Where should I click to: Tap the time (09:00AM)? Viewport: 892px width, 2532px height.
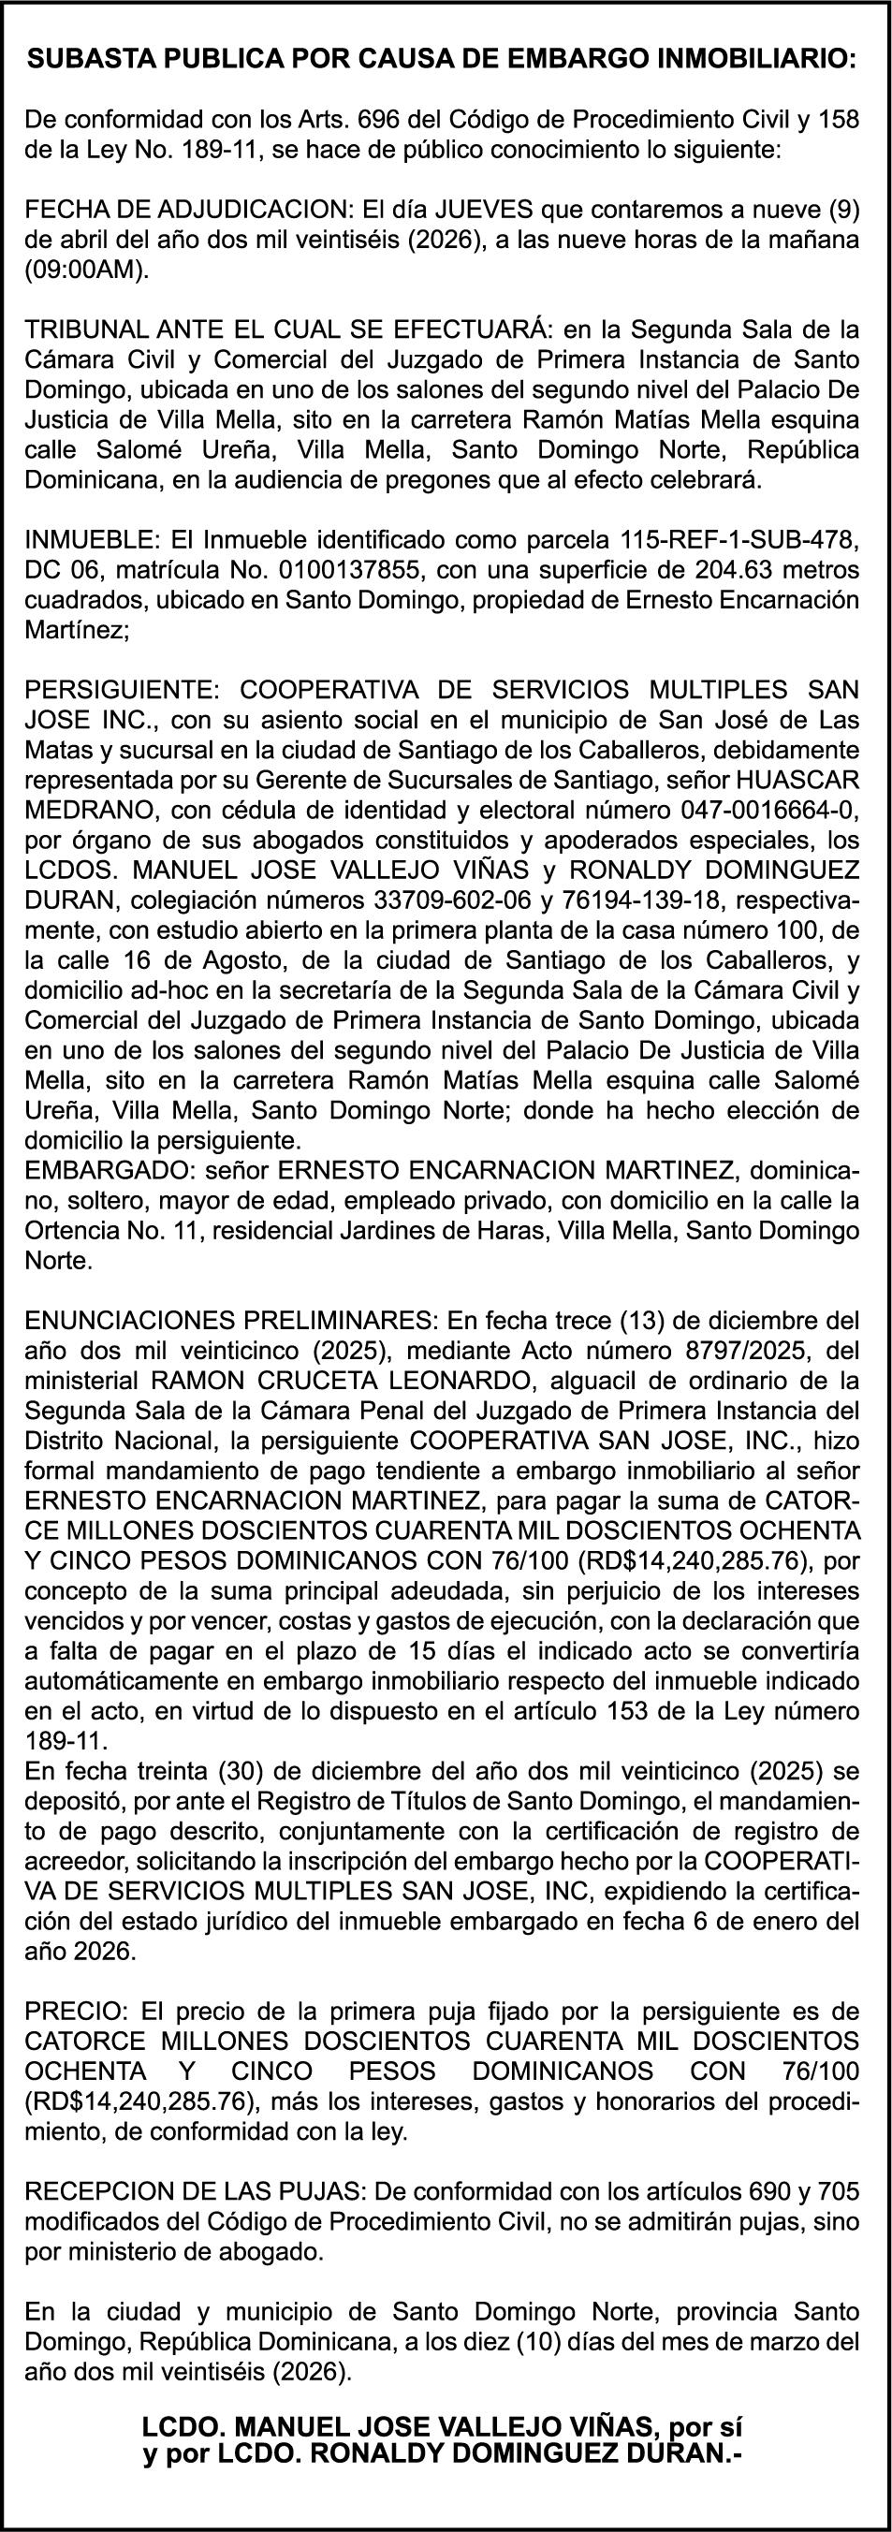pyautogui.click(x=88, y=271)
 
